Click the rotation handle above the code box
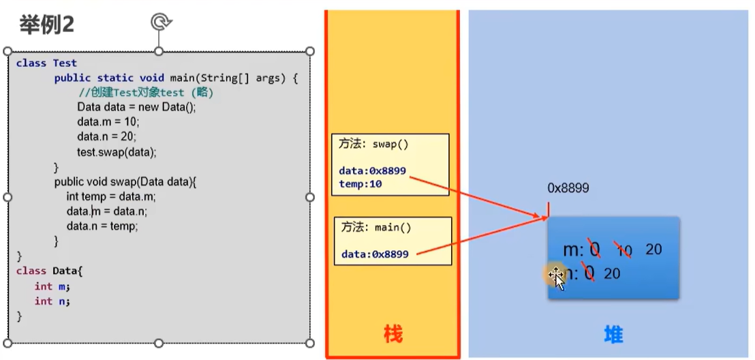[x=159, y=22]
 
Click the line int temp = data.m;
[x=112, y=196]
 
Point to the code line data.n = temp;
[x=102, y=226]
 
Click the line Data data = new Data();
[x=136, y=108]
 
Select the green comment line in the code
[x=146, y=93]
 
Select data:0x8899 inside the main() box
[x=375, y=254]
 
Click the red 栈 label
[x=392, y=334]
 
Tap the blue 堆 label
[x=613, y=334]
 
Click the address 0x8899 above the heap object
[x=568, y=188]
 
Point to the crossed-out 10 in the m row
[x=623, y=251]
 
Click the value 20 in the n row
[x=611, y=273]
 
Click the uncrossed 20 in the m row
[x=653, y=250]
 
